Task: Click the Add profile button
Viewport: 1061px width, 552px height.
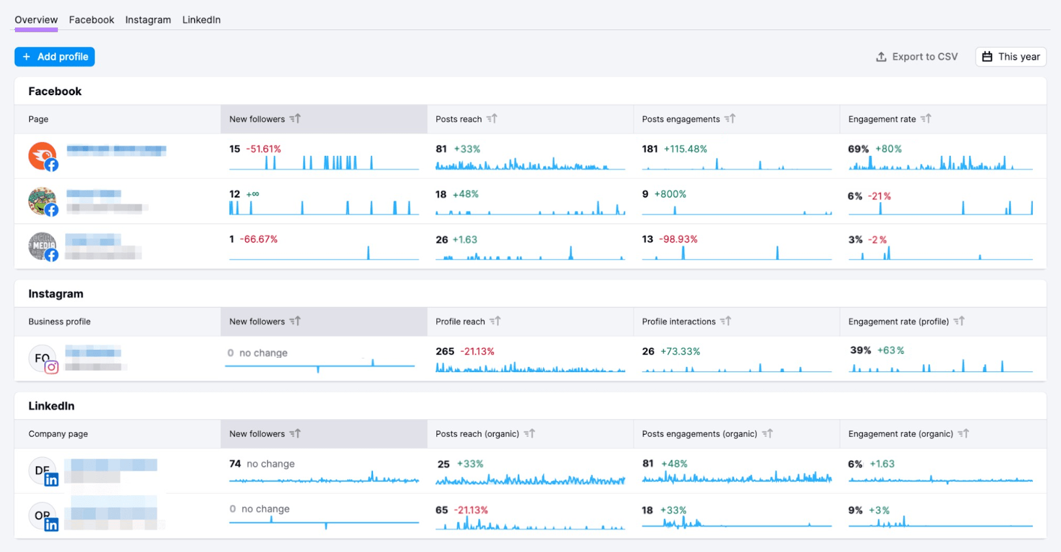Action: click(x=55, y=57)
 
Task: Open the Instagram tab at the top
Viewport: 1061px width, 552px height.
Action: click(x=148, y=20)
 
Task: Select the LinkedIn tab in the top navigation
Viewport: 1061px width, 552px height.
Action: click(x=201, y=20)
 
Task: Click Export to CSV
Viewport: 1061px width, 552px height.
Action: click(x=916, y=57)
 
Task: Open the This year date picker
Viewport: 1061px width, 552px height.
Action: click(x=1011, y=57)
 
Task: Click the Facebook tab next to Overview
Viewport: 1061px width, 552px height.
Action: click(x=91, y=20)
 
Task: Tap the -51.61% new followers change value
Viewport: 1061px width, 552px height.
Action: click(x=263, y=149)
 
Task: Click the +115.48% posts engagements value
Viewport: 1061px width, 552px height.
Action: click(x=685, y=149)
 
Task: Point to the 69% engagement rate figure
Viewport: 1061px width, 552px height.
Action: click(x=858, y=149)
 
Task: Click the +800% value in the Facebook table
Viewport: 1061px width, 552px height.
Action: click(x=670, y=194)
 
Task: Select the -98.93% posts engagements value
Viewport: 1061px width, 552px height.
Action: click(x=678, y=239)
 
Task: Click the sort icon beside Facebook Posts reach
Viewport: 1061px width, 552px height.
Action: click(x=492, y=119)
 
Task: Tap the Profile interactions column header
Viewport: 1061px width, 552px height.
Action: click(x=678, y=321)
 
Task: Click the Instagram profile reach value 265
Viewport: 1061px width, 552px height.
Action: click(x=445, y=351)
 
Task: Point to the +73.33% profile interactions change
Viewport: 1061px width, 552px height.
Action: click(x=680, y=351)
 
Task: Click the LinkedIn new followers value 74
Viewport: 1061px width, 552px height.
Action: click(x=235, y=464)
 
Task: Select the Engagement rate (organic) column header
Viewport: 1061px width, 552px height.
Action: click(x=900, y=433)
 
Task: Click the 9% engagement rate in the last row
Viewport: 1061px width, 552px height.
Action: click(x=855, y=510)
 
